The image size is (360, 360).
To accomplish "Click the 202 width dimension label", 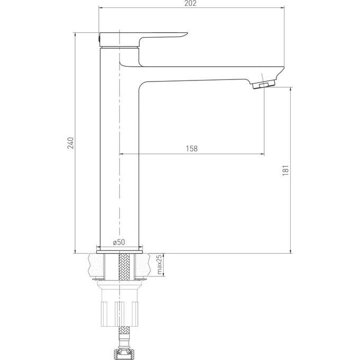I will click(x=191, y=4).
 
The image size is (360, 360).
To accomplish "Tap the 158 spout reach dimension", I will click(x=192, y=149).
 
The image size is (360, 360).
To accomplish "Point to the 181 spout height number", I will click(x=285, y=170).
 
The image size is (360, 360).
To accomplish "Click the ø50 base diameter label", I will click(x=119, y=242).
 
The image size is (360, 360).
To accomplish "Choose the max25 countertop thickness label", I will click(x=158, y=265).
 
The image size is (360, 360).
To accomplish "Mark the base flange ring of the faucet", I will click(x=120, y=248).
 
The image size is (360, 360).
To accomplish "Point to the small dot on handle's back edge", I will click(x=98, y=38).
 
